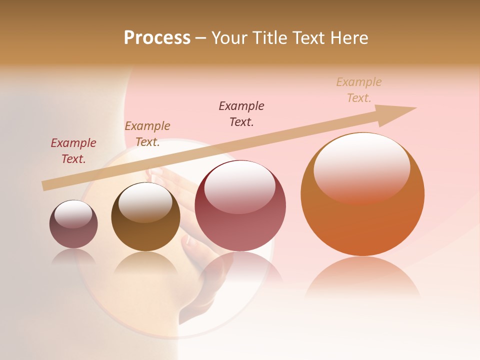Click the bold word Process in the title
click(157, 38)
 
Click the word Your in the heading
click(229, 38)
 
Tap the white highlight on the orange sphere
click(362, 165)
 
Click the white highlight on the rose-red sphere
click(240, 186)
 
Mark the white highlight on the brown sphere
click(145, 201)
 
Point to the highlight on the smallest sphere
click(73, 214)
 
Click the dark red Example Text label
click(73, 151)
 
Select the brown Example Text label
click(147, 134)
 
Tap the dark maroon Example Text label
click(241, 114)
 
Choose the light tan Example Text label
click(359, 90)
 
